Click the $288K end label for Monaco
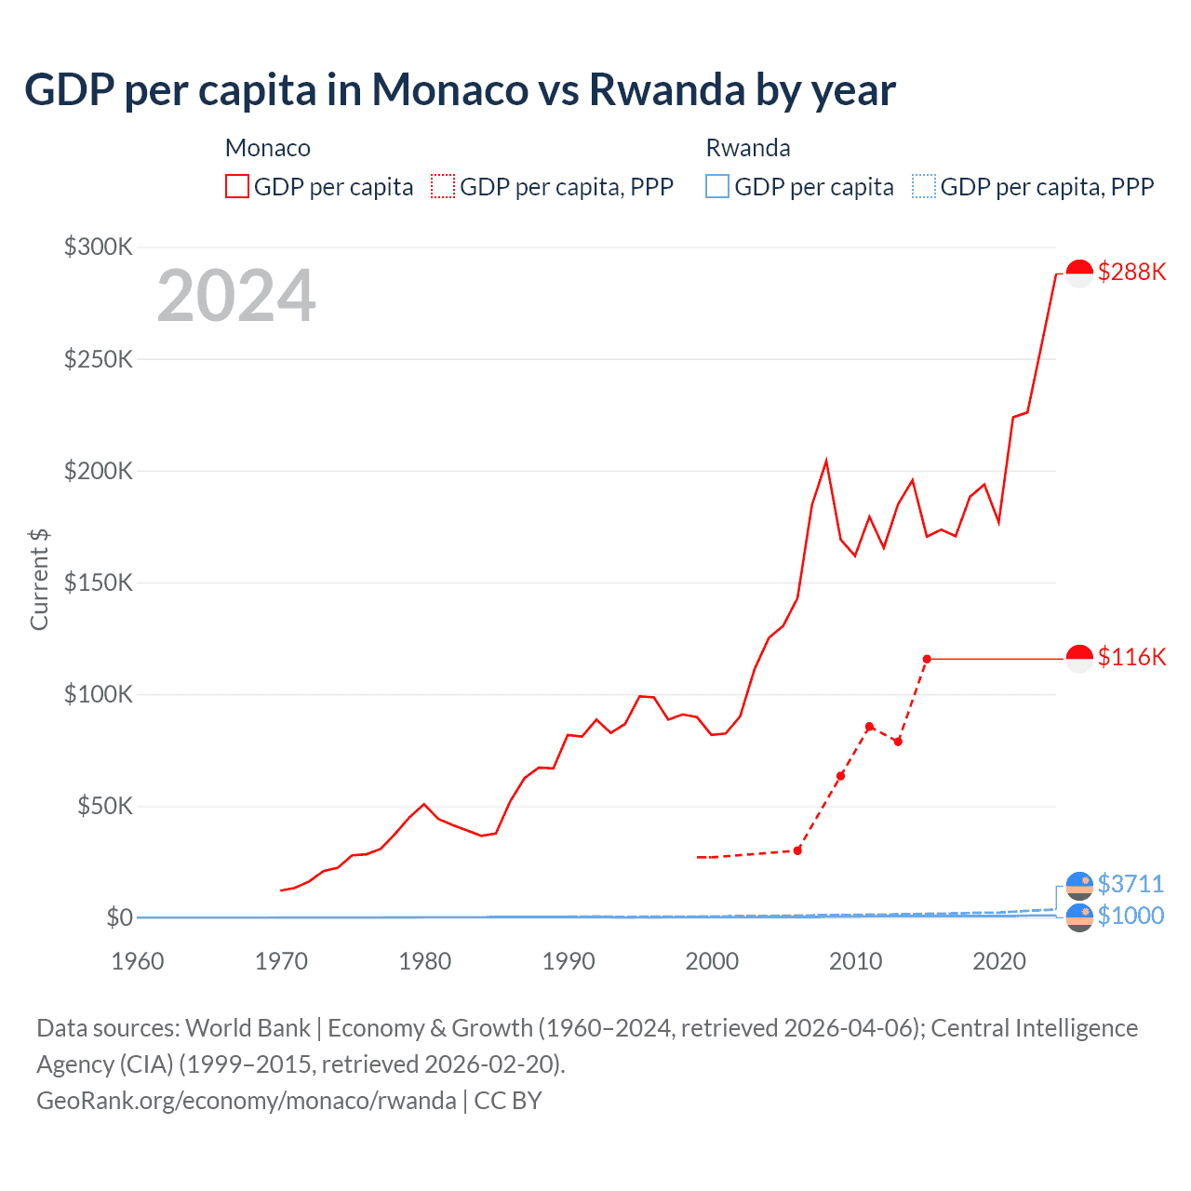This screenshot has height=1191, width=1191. pos(1131,272)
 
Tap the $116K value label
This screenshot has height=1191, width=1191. pos(1131,657)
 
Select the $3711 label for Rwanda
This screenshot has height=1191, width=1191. pos(1131,883)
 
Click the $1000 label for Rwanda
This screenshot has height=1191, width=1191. pos(1131,916)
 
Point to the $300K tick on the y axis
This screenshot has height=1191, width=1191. pos(99,247)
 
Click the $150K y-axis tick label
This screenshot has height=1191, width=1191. pos(99,582)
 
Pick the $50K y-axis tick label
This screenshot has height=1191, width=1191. pos(104,806)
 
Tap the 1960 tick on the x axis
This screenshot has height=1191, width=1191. pos(138,961)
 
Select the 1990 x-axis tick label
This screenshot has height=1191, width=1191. pos(569,961)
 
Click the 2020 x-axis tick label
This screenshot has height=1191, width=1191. pos(999,961)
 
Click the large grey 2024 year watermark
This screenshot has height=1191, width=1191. pos(236,296)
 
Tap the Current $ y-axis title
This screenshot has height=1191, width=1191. pos(39,579)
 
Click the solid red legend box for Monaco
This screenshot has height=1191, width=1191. pos(237,186)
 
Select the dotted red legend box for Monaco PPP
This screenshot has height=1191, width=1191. pos(443,186)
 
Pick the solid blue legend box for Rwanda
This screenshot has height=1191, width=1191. pos(717,186)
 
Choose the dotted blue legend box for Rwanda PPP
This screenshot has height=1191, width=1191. pos(924,186)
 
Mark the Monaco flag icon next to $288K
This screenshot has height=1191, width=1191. pos(1079,273)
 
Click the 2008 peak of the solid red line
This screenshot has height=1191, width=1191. pos(826,462)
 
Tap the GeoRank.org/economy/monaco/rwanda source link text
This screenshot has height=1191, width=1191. pos(247,1101)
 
